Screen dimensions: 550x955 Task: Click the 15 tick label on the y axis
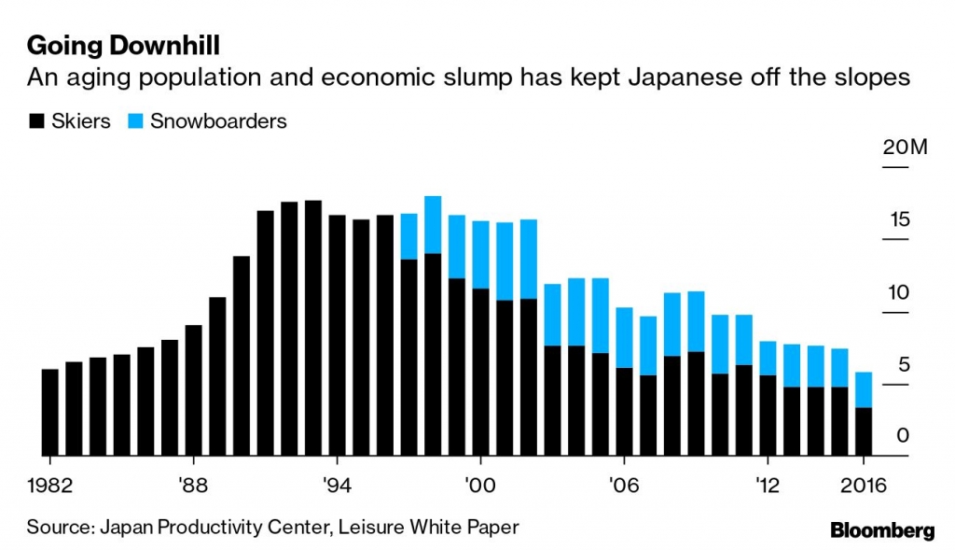point(899,221)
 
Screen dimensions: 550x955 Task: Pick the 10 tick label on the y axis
point(899,293)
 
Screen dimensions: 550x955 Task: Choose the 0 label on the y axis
point(904,436)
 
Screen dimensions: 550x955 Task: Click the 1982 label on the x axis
point(49,485)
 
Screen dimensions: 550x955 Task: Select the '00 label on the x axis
point(480,485)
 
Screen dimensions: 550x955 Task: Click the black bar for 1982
point(50,412)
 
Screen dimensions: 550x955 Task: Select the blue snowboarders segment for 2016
point(865,389)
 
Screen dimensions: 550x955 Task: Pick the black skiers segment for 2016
point(865,431)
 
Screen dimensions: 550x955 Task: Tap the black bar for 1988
point(194,390)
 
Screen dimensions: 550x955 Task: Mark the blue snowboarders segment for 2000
point(481,254)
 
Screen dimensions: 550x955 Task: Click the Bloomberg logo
point(881,530)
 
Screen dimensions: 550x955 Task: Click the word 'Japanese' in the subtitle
point(674,78)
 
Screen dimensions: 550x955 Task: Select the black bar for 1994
point(338,335)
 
